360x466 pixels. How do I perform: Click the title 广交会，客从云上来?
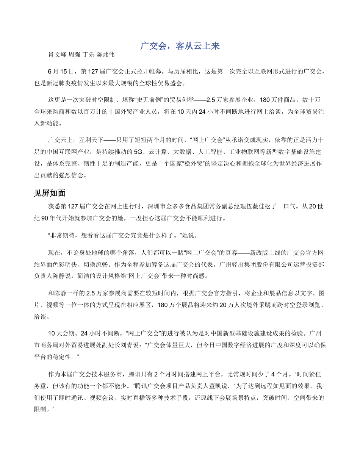click(x=180, y=46)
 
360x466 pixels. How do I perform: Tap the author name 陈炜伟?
click(x=105, y=55)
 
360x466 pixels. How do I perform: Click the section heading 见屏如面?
click(x=50, y=193)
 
